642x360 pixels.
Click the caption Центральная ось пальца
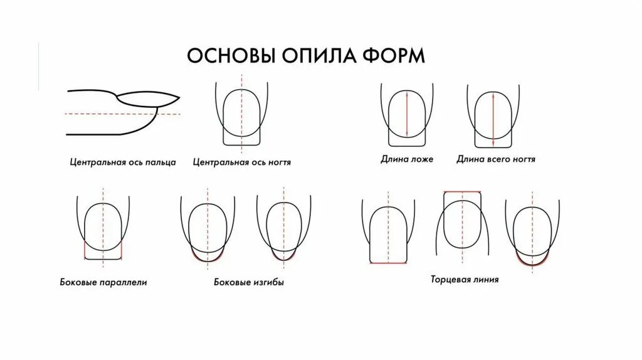(x=123, y=162)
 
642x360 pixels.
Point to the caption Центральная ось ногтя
(x=242, y=162)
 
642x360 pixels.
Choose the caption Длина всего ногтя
(x=495, y=159)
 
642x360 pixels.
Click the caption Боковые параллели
(x=109, y=282)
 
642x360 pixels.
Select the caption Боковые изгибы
(x=249, y=282)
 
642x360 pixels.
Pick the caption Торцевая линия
(x=465, y=280)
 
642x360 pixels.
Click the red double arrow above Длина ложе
(x=407, y=114)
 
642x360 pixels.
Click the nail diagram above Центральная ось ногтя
(x=242, y=116)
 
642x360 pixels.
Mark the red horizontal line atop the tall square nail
(x=463, y=192)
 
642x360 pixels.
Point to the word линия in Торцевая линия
(x=483, y=280)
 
